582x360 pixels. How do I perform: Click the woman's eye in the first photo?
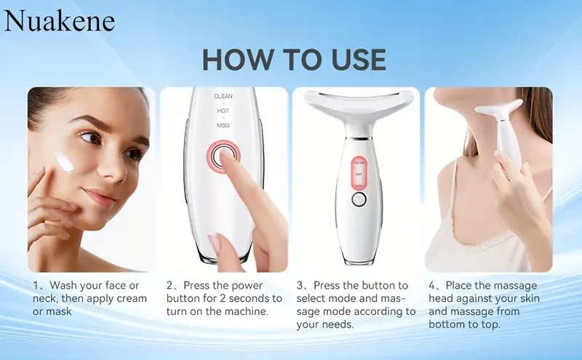pyautogui.click(x=89, y=137)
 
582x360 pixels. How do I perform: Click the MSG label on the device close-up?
pyautogui.click(x=223, y=126)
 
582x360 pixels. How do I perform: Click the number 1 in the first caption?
pyautogui.click(x=36, y=285)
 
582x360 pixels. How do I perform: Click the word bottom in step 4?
pyautogui.click(x=446, y=325)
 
